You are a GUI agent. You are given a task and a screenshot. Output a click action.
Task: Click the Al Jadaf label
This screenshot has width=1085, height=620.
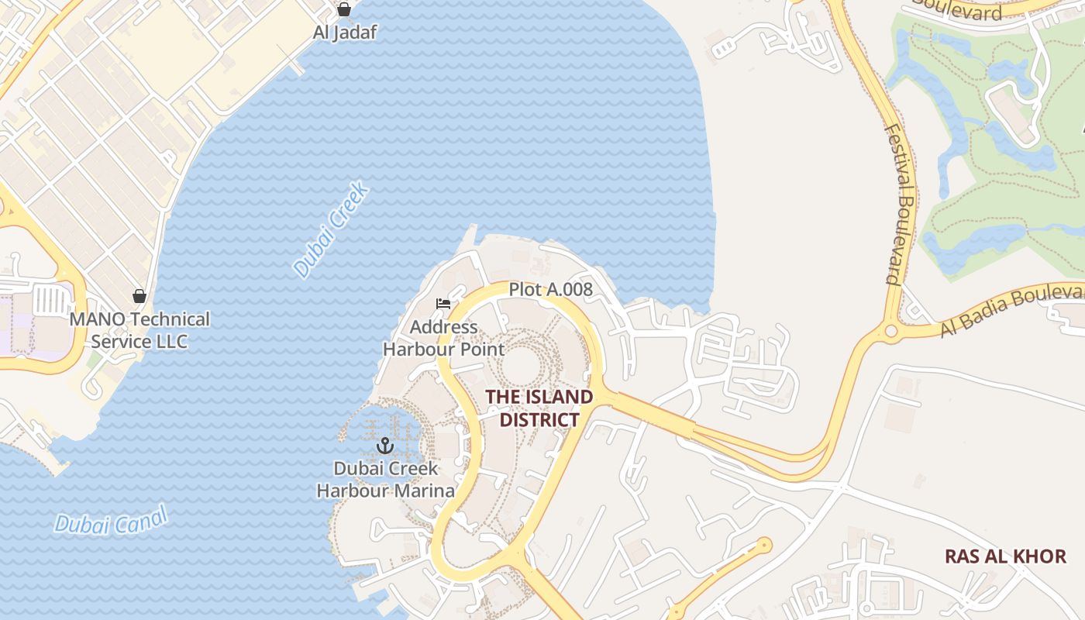(x=344, y=33)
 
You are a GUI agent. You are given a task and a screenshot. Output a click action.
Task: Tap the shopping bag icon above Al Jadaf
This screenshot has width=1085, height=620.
(x=344, y=9)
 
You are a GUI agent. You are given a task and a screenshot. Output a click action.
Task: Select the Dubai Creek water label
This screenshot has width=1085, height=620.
(x=332, y=230)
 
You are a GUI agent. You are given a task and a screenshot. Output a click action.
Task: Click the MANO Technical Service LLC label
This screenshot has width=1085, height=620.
(x=139, y=330)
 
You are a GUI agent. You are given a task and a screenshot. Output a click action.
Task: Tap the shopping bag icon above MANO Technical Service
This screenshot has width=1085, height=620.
(x=139, y=296)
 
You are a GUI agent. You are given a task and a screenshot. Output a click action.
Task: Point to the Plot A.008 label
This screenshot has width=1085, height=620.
(x=550, y=290)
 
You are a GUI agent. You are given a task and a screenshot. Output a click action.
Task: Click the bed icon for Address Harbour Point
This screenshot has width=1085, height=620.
(x=443, y=303)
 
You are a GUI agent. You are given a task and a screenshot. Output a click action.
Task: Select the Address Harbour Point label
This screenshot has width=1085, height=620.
(x=443, y=338)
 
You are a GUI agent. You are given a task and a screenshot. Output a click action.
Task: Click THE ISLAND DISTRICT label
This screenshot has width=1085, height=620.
(x=539, y=408)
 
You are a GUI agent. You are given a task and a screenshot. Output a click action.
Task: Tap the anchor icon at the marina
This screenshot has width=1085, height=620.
(x=385, y=446)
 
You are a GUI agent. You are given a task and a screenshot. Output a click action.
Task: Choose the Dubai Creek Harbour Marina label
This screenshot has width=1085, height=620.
(x=385, y=480)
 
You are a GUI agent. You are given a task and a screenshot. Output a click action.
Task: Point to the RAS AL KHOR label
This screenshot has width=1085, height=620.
(x=1005, y=556)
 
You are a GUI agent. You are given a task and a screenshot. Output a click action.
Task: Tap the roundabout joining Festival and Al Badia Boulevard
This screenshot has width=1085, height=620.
(x=891, y=332)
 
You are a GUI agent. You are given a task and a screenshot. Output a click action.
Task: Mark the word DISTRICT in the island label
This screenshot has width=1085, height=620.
(x=539, y=420)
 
